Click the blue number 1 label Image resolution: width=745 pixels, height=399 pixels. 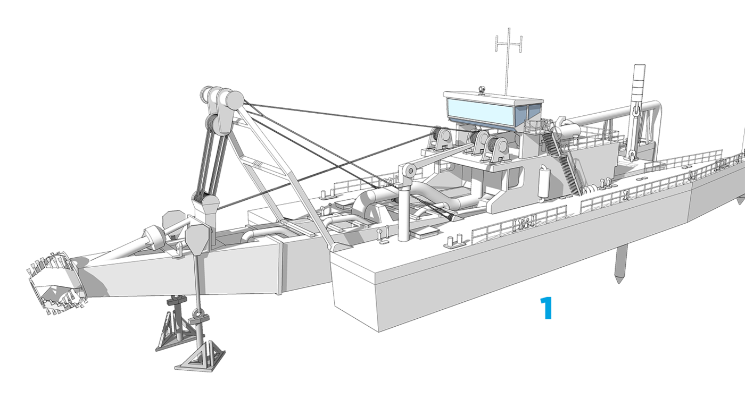tap(547, 308)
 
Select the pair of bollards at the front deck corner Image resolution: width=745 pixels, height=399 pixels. tap(455, 241)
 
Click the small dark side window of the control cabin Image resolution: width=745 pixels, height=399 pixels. tap(534, 112)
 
